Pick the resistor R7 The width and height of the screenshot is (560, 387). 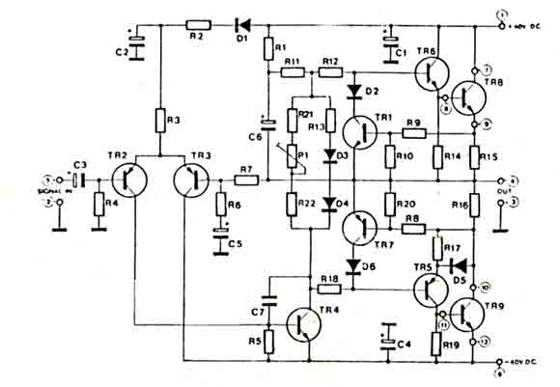tap(247, 180)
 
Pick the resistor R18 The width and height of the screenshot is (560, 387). tap(329, 289)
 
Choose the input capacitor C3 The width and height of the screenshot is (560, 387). tap(77, 180)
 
